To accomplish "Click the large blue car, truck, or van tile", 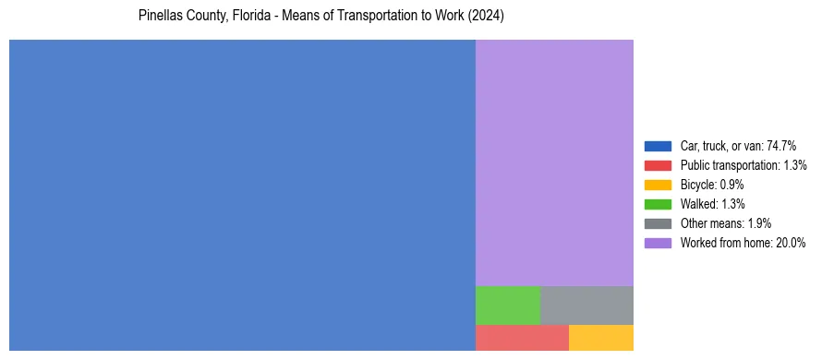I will (242, 195).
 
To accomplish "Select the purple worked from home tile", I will (554, 162).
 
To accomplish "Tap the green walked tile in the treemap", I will (507, 306).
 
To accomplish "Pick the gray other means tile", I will (586, 306).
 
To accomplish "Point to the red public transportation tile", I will (522, 338).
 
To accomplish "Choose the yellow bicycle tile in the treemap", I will (601, 338).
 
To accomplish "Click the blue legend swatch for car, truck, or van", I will (658, 146).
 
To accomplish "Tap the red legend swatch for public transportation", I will (658, 165).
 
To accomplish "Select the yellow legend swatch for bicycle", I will (658, 185).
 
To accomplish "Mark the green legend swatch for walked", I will (658, 204).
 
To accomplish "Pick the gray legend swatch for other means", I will (658, 223).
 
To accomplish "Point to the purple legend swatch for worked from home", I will (658, 243).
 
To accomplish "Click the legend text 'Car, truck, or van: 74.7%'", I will (738, 146).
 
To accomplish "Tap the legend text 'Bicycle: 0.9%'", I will (712, 185).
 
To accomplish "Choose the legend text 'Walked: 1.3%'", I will (712, 204).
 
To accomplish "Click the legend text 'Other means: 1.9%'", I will (725, 223).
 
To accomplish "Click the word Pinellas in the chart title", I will (158, 17).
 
